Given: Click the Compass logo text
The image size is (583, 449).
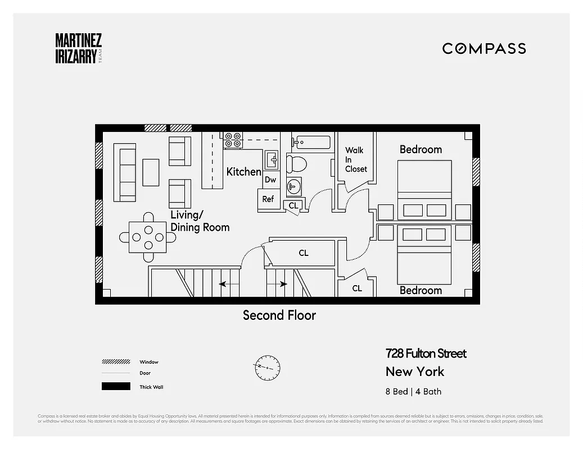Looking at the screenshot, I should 484,48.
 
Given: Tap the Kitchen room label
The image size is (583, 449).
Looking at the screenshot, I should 243,172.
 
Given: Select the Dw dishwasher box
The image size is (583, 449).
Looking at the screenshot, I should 270,180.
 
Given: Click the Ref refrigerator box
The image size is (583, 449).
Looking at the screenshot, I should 268,199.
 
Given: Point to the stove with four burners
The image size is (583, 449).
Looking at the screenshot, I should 233,140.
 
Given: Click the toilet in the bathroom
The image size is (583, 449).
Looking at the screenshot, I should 296,164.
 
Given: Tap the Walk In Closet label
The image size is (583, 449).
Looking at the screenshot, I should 355,159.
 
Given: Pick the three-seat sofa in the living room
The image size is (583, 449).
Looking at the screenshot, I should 125,172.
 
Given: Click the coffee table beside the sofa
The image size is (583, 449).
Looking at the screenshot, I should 151,172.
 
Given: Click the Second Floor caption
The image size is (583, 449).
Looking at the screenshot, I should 279,315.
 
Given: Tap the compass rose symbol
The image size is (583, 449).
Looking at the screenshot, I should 267,368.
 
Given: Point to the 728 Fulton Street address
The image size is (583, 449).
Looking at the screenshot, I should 426,354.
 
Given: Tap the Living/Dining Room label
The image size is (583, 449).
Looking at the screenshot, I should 200,221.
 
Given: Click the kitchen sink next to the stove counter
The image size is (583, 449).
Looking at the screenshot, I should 271,159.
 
